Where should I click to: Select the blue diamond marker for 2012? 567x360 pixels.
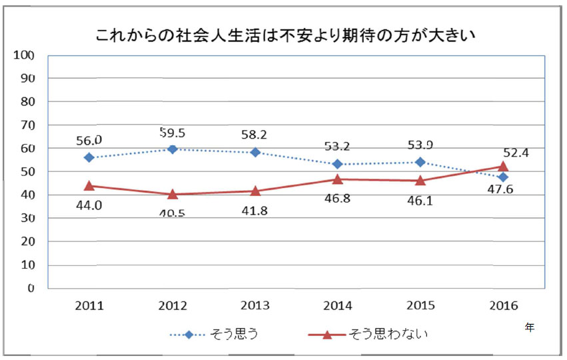tap(173, 149)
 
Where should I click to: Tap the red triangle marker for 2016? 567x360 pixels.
tap(503, 166)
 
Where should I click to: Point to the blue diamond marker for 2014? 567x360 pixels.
tap(338, 164)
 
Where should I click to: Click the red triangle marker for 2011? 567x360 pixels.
tap(89, 185)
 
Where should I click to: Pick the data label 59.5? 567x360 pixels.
tap(173, 131)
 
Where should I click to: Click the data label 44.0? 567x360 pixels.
tap(89, 205)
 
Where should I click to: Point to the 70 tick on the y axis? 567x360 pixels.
tap(27, 125)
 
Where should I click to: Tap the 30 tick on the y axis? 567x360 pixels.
tap(27, 218)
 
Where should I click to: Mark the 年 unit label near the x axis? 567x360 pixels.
tap(529, 327)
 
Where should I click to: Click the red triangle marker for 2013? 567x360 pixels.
tap(255, 191)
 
